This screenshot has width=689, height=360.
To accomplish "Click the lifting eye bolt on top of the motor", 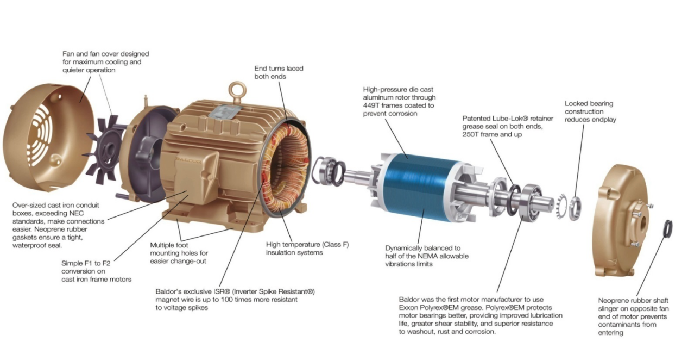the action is tap(237, 91).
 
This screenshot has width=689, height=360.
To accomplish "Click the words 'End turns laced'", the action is tap(279, 68).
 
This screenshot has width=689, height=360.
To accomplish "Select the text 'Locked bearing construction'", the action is tap(589, 107).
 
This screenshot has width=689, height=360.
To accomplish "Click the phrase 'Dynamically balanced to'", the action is tap(423, 248).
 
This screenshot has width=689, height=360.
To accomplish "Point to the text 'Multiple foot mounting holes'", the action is tap(179, 249).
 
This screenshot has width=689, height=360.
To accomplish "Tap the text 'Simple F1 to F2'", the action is tap(86, 263).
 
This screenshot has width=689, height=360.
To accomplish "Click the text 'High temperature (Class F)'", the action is tap(308, 244).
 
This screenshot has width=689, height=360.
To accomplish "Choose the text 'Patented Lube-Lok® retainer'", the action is tap(508, 118).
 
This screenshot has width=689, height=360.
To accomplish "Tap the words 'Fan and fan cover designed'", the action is tap(106, 54).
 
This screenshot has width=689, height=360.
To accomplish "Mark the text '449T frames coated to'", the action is tap(399, 105).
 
